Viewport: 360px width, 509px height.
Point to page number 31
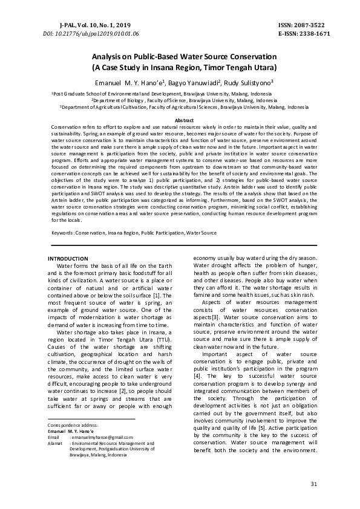(313, 484)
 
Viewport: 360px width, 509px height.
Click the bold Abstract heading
(180, 120)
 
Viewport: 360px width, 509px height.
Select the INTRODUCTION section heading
(68, 259)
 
